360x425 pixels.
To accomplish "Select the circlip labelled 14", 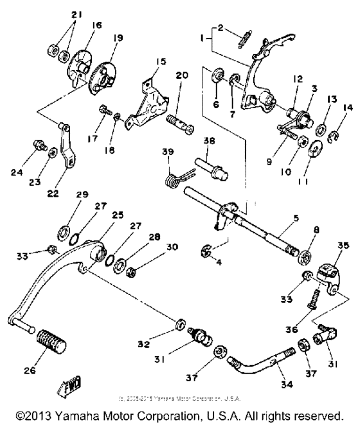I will (x=334, y=118).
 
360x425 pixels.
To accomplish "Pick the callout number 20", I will (x=181, y=75).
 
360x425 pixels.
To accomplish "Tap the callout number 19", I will (x=118, y=39).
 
